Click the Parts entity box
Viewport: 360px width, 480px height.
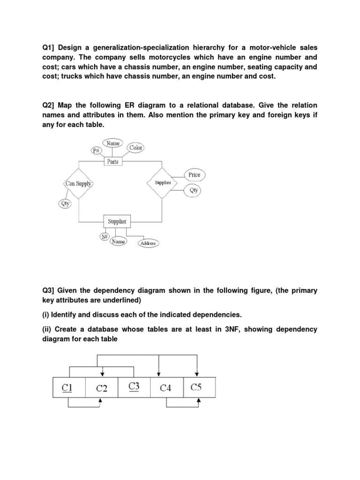(x=112, y=162)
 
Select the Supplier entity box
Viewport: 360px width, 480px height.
(x=117, y=221)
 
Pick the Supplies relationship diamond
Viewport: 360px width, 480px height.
(x=163, y=182)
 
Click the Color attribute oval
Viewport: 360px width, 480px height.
(x=135, y=148)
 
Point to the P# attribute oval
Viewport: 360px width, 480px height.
(x=97, y=150)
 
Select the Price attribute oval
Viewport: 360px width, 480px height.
(x=194, y=175)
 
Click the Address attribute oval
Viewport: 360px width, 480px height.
(x=148, y=243)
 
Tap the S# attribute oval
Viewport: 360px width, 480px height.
(x=105, y=237)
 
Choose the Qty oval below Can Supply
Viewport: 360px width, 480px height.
(x=64, y=203)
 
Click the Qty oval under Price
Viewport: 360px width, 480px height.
(x=194, y=190)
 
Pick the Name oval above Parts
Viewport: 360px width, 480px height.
(x=112, y=143)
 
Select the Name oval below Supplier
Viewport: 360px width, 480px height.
(x=118, y=241)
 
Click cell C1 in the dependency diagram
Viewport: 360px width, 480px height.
(x=69, y=387)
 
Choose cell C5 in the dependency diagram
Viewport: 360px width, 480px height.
(x=199, y=387)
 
